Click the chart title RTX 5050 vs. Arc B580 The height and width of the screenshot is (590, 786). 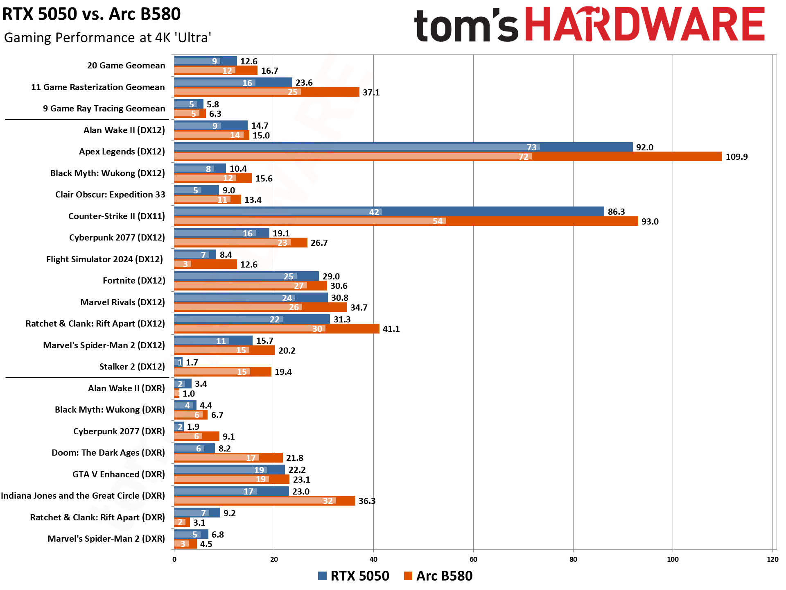pos(91,14)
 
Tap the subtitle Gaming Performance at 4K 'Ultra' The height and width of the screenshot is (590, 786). pos(108,38)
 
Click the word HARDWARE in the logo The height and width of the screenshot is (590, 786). pos(644,25)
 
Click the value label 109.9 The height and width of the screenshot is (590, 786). pos(736,157)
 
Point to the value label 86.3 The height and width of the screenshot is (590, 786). pos(616,212)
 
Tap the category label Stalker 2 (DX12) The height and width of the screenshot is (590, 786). pos(132,367)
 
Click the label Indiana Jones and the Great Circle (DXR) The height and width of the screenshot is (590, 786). pos(83,496)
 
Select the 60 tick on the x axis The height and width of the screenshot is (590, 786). pos(473,559)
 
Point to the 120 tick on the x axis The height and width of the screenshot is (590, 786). pos(772,559)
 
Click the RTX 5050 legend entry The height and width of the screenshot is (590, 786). pos(354,576)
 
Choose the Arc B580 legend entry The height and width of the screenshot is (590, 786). pos(438,576)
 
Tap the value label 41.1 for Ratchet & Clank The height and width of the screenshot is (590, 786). pos(391,329)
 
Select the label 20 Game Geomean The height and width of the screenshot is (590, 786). pos(126,66)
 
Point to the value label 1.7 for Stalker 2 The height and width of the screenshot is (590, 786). pos(192,363)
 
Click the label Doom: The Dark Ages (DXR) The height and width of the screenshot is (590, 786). pos(108,453)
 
